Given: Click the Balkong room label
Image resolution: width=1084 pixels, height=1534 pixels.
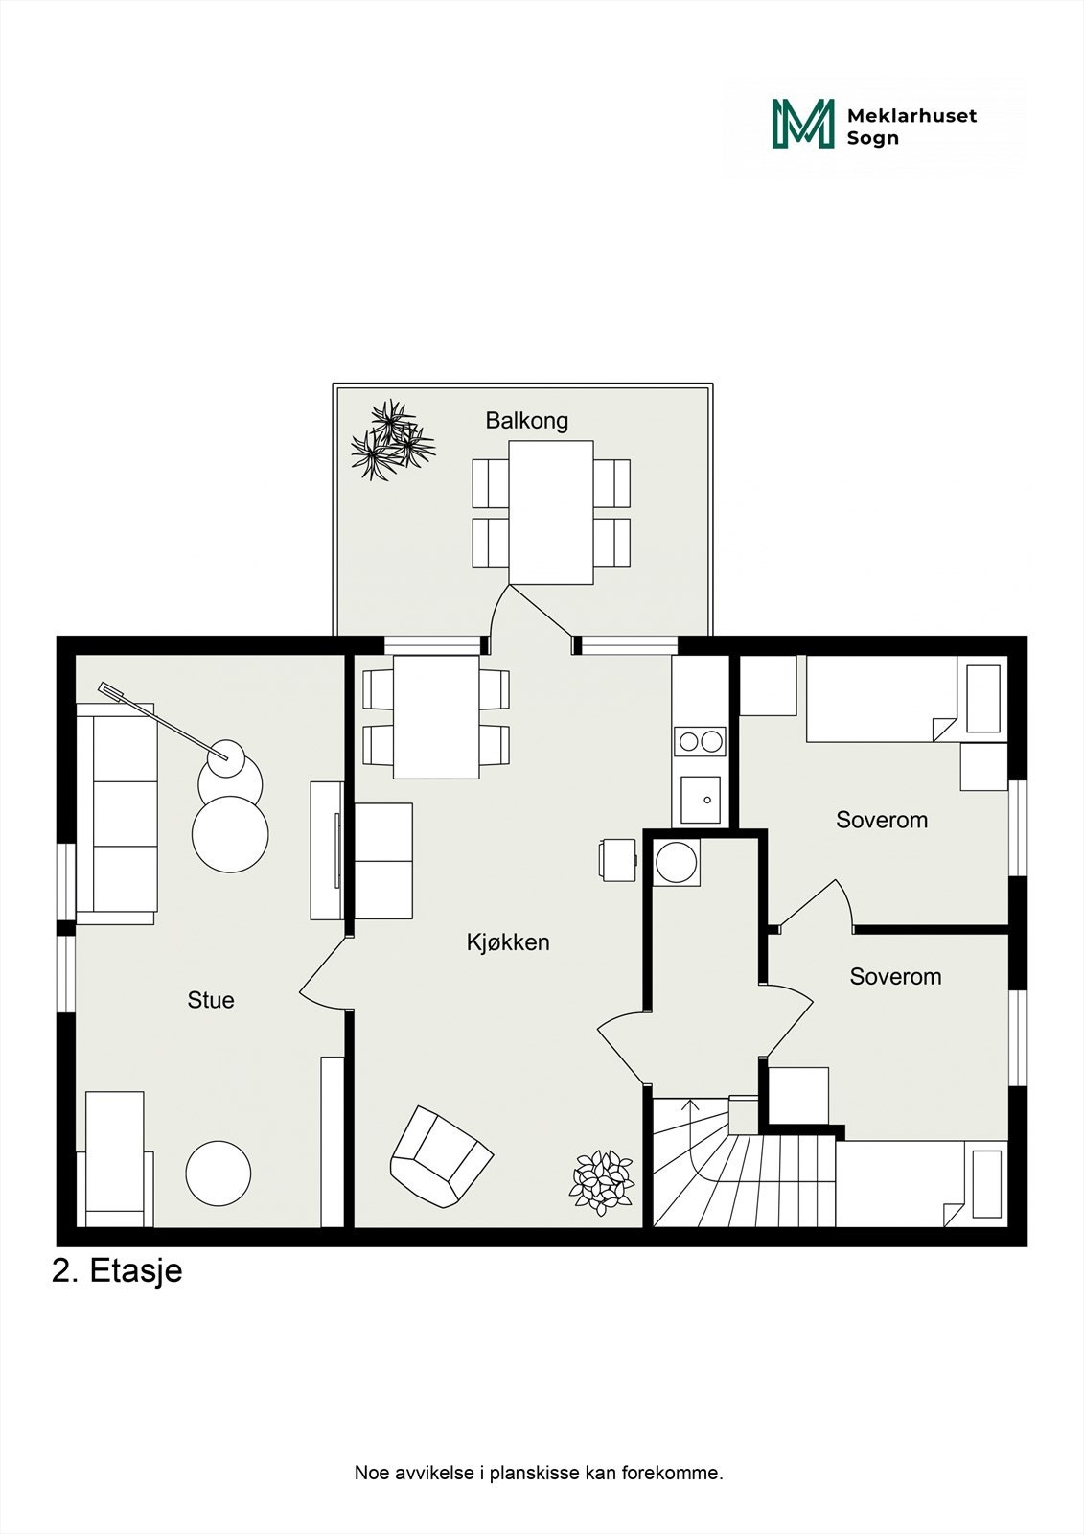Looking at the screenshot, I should pyautogui.click(x=526, y=420).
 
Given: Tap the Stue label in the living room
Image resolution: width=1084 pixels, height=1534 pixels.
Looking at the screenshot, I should pyautogui.click(x=211, y=1000).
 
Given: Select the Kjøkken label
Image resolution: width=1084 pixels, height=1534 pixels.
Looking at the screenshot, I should pyautogui.click(x=508, y=942).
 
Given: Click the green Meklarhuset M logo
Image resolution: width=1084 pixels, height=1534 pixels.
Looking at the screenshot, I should pyautogui.click(x=802, y=125).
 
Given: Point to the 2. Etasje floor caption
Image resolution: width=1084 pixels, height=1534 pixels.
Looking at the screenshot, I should pyautogui.click(x=117, y=1271).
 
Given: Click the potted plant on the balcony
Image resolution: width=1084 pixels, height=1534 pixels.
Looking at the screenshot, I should pyautogui.click(x=392, y=441).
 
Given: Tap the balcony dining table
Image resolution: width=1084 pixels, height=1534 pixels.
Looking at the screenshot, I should pyautogui.click(x=551, y=512).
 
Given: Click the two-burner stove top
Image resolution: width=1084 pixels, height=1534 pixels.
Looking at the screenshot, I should pyautogui.click(x=701, y=741).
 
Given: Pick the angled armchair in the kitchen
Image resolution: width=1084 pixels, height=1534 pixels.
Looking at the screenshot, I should pyautogui.click(x=440, y=1156).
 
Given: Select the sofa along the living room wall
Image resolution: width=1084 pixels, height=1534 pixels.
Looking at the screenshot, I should pyautogui.click(x=117, y=813).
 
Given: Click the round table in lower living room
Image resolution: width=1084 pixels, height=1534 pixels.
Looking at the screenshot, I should pyautogui.click(x=219, y=1174).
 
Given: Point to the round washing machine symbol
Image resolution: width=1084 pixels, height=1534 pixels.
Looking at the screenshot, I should pyautogui.click(x=678, y=861).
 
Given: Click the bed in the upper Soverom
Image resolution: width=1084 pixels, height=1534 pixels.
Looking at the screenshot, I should pyautogui.click(x=882, y=699).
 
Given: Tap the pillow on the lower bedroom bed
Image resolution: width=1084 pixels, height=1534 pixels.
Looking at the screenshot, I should pyautogui.click(x=986, y=1183).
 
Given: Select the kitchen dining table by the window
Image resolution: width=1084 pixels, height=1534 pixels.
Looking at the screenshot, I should pyautogui.click(x=436, y=717).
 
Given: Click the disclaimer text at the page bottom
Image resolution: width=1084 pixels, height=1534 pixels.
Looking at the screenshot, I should pyautogui.click(x=539, y=1473).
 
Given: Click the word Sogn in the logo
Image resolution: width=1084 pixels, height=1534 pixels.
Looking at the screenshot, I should pyautogui.click(x=872, y=138).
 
